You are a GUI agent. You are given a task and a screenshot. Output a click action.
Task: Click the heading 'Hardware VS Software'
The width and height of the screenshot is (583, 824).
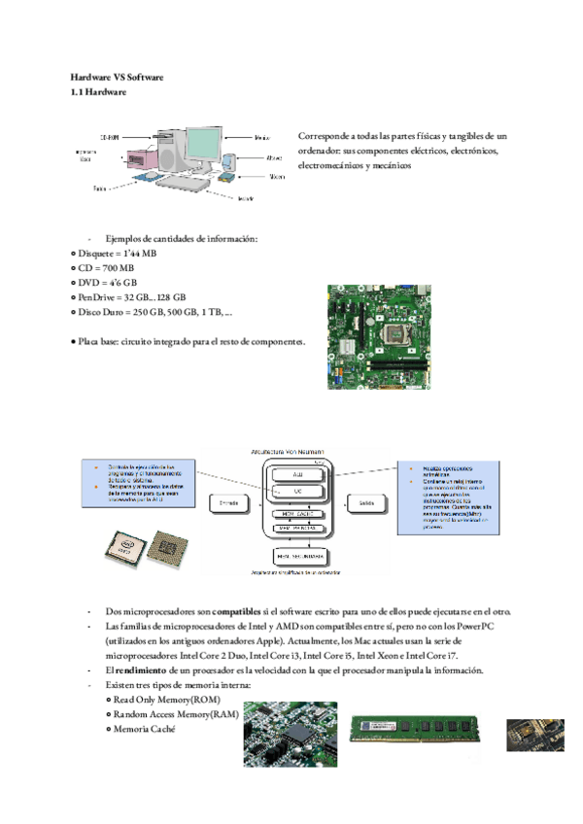click(118, 76)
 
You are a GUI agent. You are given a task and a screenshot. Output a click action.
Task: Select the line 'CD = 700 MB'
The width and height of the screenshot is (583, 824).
click(107, 268)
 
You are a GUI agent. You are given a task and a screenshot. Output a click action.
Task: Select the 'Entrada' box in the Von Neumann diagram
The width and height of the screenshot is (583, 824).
click(229, 503)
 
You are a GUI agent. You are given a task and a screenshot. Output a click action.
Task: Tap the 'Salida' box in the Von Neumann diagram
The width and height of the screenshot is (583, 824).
click(365, 503)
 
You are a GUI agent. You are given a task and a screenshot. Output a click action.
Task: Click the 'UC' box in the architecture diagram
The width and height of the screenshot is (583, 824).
click(297, 492)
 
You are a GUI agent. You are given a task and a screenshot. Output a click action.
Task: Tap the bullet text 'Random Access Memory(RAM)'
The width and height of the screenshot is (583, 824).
click(175, 714)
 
